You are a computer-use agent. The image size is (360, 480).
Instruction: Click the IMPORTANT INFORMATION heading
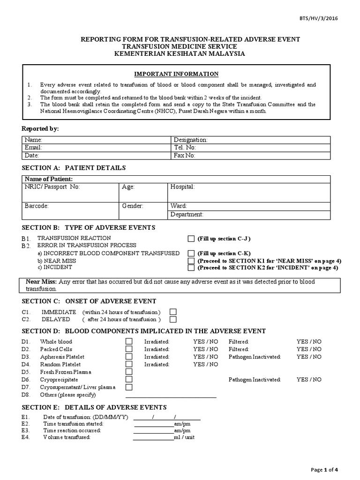coord(176,74)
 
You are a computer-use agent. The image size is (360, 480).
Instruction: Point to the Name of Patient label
coord(49,179)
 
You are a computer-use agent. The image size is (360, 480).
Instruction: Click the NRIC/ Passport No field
coord(70,192)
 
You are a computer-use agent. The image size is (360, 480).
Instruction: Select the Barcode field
coord(70,210)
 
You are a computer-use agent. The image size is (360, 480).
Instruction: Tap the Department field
coord(249,215)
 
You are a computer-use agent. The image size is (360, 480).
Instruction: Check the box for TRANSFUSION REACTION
coord(191,239)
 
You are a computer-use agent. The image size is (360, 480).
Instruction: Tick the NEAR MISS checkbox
coord(191,261)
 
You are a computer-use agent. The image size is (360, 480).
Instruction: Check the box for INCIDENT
coord(191,268)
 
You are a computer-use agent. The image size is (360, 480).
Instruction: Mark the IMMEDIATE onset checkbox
coord(173,312)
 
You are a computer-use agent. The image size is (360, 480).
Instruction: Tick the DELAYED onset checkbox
coord(173,320)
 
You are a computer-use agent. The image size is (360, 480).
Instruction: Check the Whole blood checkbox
coord(129,342)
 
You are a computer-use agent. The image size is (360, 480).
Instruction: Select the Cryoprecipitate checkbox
coord(129,379)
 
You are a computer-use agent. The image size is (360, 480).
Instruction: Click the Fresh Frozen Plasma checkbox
coord(129,372)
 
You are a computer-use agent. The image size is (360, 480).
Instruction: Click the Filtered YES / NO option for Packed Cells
coord(309,349)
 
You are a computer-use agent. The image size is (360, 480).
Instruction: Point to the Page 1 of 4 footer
coord(324,470)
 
